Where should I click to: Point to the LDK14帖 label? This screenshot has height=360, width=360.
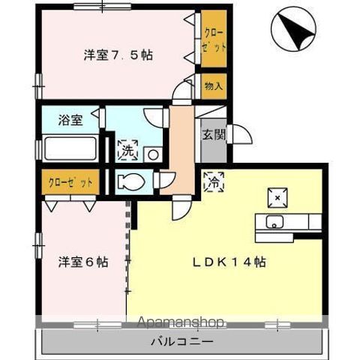pos(230,262)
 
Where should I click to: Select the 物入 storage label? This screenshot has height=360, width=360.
pos(213,86)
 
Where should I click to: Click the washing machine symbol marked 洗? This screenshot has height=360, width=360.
pos(127,148)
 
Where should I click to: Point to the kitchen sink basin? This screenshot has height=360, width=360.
pos(274,222)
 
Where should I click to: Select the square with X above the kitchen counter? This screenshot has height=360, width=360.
pos(276,196)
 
